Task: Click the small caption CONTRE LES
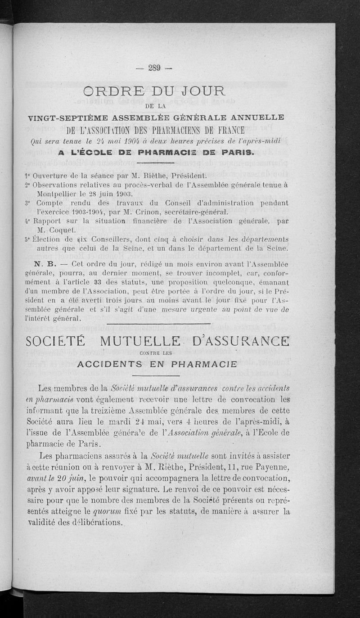click(157, 353)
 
